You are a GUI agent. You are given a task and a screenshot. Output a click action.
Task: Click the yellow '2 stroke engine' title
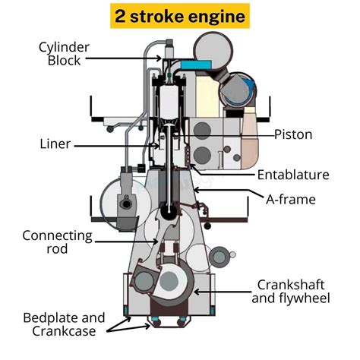point(179,15)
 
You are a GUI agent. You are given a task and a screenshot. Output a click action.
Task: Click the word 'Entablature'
point(293,175)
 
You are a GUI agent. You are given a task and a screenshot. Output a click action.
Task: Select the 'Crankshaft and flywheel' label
point(292,290)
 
